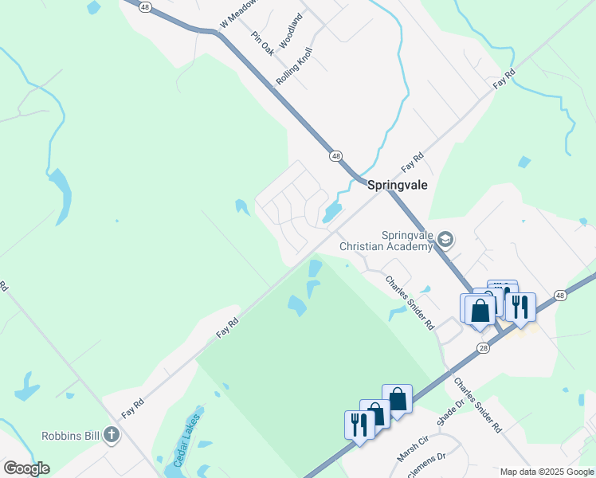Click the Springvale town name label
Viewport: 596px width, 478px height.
point(398,184)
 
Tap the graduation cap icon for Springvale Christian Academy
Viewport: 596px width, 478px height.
point(445,239)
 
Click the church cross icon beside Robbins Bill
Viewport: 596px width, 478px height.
point(112,435)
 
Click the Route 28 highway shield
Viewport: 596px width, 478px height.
point(484,348)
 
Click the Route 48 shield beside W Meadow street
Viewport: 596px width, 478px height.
point(144,6)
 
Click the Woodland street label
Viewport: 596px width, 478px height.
point(292,28)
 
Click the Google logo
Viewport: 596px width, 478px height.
point(26,468)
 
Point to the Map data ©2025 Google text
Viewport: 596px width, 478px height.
point(547,472)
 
